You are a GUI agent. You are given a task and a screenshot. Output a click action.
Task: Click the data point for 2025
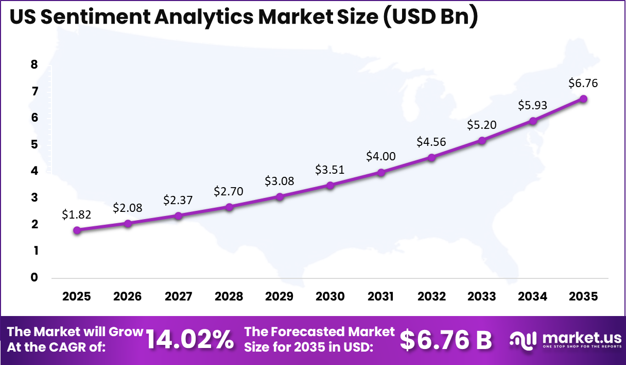pyautogui.click(x=77, y=230)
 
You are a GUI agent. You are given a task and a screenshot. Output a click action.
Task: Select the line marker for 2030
pyautogui.click(x=330, y=185)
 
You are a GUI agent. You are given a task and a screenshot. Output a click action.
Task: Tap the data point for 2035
pyautogui.click(x=583, y=98)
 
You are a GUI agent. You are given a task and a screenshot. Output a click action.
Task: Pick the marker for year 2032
pyautogui.click(x=431, y=157)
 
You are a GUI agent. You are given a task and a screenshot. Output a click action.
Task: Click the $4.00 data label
pyautogui.click(x=381, y=156)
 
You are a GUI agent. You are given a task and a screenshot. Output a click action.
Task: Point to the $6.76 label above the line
pyautogui.click(x=583, y=82)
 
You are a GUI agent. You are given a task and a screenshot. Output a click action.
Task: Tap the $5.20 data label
pyautogui.click(x=482, y=124)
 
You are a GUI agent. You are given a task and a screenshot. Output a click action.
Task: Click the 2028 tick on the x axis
pyautogui.click(x=229, y=296)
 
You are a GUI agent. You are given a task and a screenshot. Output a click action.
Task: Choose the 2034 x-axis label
pyautogui.click(x=533, y=296)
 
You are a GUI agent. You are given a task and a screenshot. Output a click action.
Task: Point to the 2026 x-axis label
pyautogui.click(x=127, y=296)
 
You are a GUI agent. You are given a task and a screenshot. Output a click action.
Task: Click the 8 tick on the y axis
pyautogui.click(x=34, y=64)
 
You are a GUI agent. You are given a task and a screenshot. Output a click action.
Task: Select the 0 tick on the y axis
pyautogui.click(x=34, y=277)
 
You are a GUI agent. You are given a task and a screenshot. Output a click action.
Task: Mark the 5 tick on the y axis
pyautogui.click(x=34, y=144)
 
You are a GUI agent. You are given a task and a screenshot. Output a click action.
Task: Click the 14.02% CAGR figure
pyautogui.click(x=189, y=340)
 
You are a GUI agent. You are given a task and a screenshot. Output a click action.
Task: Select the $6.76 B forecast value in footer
pyautogui.click(x=446, y=340)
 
